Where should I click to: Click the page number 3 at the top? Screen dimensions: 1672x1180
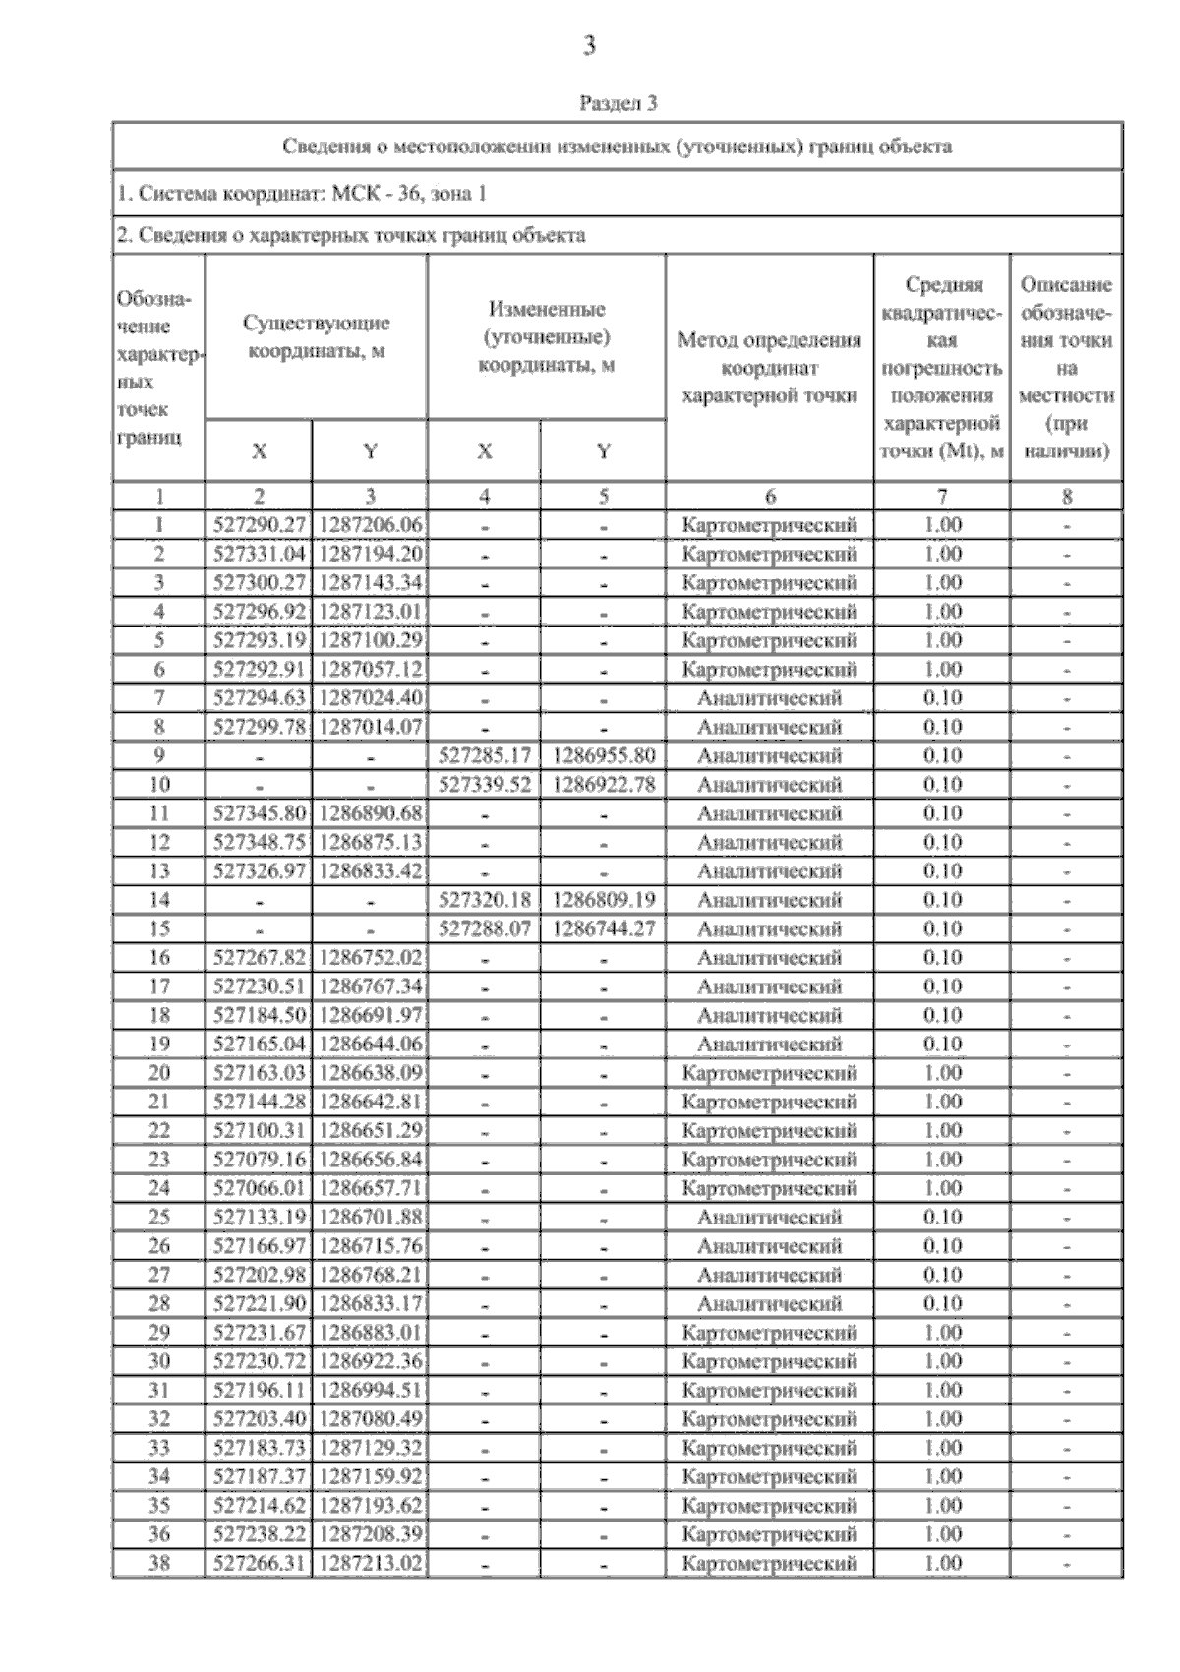coord(589,46)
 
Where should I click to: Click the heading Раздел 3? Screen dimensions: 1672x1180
coord(618,102)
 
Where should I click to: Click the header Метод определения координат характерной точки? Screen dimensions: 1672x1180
coord(769,368)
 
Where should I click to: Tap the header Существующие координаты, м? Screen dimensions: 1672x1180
coord(316,337)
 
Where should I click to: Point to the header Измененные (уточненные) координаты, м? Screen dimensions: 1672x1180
coord(546,337)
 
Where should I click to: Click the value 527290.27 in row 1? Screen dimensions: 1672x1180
coord(259,525)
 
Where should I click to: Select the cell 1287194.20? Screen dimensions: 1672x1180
coord(370,554)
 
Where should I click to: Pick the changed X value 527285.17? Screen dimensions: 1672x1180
coord(484,756)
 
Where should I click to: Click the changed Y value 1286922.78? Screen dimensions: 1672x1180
coord(604,785)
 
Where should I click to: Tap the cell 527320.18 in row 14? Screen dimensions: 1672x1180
coord(484,900)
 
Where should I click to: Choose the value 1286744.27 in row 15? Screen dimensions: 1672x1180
coord(604,928)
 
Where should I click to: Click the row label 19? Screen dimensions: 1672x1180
coord(158,1044)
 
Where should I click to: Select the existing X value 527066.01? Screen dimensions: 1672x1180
coord(259,1188)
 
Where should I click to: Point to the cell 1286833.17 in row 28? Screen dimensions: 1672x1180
coord(370,1303)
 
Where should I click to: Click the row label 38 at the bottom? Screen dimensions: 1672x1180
coord(158,1563)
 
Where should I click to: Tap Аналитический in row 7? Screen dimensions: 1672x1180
coord(769,698)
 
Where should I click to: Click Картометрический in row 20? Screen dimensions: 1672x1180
coord(769,1073)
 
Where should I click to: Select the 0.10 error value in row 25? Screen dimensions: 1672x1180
coord(942,1217)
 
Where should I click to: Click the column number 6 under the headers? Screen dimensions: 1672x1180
coord(769,497)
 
